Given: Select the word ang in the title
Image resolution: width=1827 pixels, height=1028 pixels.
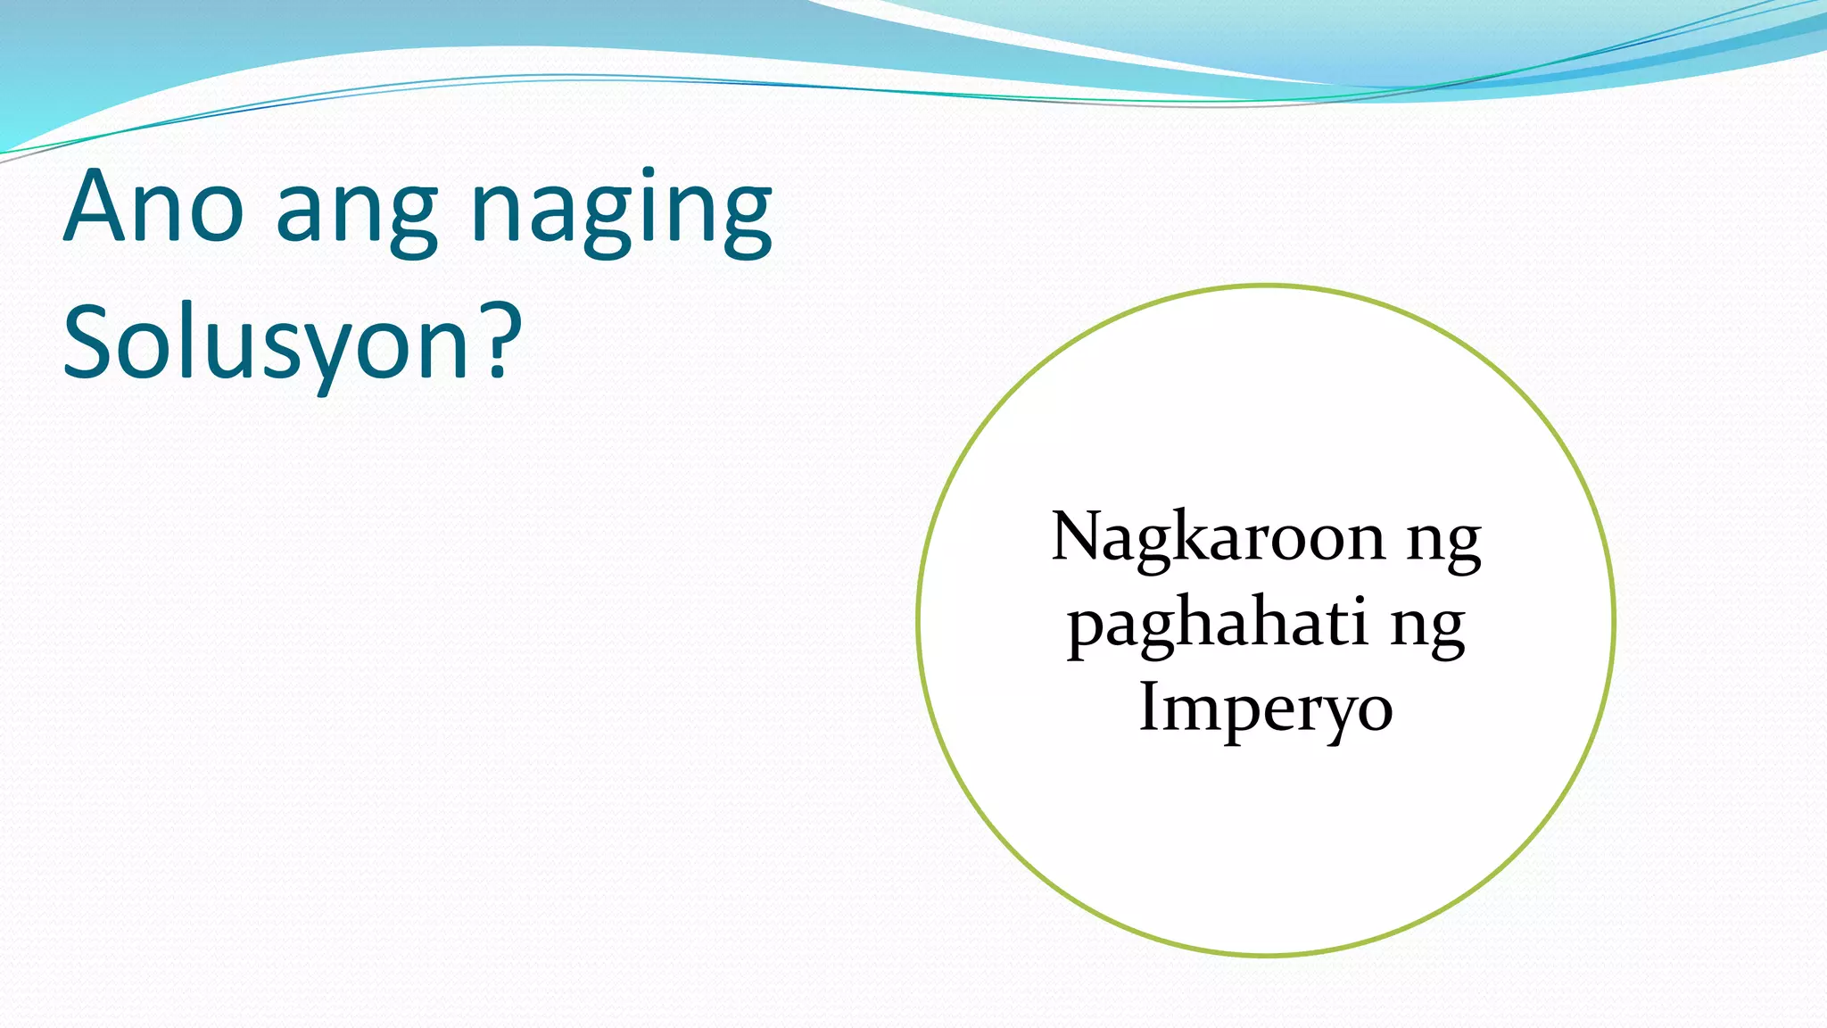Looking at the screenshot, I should coord(357,214).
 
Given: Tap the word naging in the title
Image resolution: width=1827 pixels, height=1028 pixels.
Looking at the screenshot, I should coord(621,214).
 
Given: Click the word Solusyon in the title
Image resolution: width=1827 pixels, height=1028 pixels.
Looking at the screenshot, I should coord(266,344).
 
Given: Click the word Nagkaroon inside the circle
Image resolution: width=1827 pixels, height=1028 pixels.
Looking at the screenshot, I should coord(1219,539).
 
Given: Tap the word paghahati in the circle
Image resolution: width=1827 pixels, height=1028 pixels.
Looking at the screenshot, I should coord(1218,625).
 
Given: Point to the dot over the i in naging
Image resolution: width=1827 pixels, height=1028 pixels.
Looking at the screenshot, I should coord(648,171).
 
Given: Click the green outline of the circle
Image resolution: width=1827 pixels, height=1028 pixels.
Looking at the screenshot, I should coord(918,619).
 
